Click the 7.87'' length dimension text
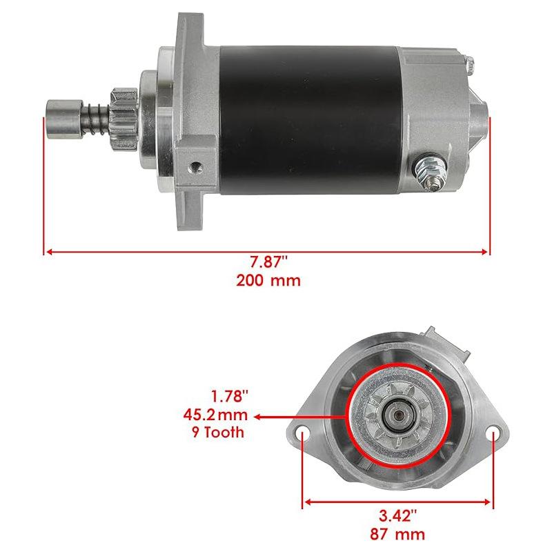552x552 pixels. pos(268,262)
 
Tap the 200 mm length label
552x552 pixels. pos(268,281)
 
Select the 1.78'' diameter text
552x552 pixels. pos(230,396)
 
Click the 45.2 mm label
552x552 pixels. pos(215,415)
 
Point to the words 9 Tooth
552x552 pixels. pos(218,432)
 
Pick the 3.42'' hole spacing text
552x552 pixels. pos(398,516)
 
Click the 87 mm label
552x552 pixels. pos(397,534)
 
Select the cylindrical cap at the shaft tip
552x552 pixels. pos(65,119)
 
